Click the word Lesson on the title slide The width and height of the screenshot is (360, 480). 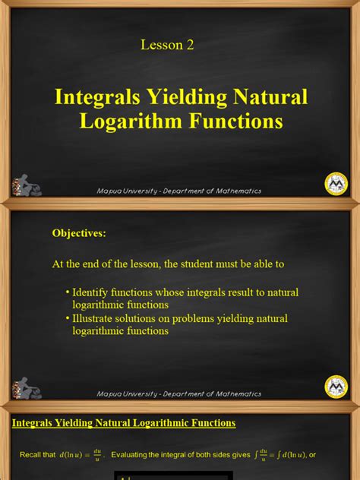coord(159,45)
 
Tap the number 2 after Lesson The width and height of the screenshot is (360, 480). coord(190,45)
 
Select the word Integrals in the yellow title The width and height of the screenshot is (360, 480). coord(96,97)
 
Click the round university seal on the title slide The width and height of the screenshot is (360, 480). coord(336,183)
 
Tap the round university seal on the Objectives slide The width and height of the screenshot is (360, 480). coord(336,386)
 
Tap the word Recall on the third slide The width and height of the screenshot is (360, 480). coord(31,454)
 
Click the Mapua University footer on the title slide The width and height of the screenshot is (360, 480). coord(179,191)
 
